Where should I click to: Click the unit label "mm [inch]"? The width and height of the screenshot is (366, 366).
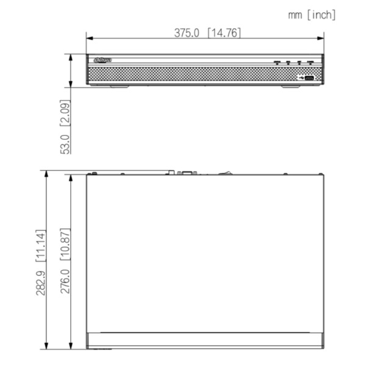(x=312, y=15)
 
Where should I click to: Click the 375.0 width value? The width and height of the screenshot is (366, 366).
(x=187, y=33)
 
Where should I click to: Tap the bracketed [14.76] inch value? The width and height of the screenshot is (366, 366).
(x=224, y=33)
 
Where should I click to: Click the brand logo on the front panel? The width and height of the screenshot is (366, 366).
(x=104, y=60)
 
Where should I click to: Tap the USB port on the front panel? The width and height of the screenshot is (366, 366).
(x=309, y=77)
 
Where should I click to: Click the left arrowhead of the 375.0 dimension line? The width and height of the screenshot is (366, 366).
(x=89, y=40)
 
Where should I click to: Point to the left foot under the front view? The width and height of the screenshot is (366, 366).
(x=120, y=86)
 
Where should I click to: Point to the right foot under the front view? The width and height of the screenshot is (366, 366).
(x=291, y=86)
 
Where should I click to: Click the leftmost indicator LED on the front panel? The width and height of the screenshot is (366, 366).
(x=276, y=62)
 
